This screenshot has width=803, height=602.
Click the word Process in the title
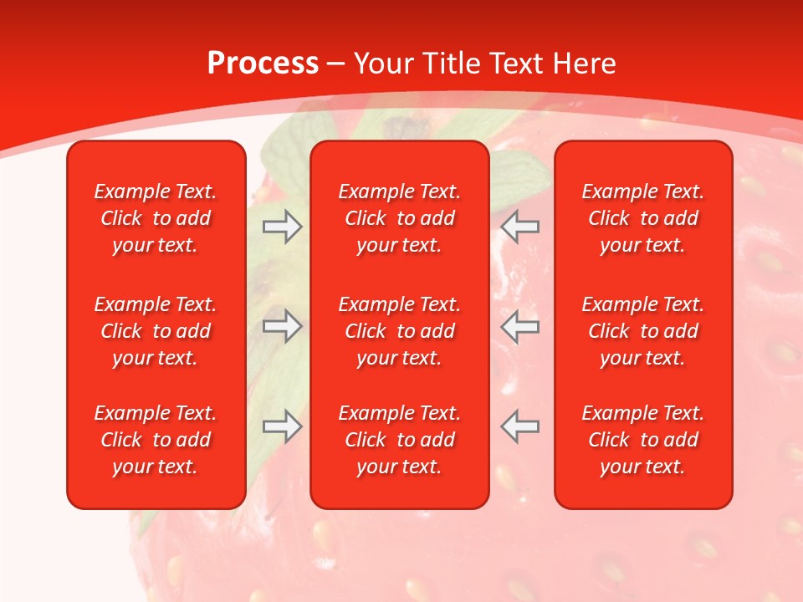tap(263, 64)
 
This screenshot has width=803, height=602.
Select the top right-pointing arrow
tap(282, 226)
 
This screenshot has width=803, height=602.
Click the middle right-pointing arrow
tap(282, 326)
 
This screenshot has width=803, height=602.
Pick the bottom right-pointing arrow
tap(282, 426)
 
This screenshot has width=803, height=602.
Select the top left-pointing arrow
tap(520, 226)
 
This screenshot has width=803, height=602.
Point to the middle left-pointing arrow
tap(520, 326)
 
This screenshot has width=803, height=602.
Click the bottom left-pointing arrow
tap(520, 426)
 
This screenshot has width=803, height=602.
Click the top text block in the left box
tap(156, 218)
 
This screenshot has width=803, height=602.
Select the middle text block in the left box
tap(156, 331)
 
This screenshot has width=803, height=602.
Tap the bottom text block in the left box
tap(156, 440)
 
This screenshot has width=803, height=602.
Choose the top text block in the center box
tap(400, 218)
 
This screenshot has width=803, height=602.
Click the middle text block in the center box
tap(400, 331)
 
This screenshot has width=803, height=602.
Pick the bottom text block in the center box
tap(400, 440)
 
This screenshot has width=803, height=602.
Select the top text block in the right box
tap(643, 218)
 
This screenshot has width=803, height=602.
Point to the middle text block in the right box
tap(643, 331)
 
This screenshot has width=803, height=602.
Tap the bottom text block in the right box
tap(643, 440)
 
